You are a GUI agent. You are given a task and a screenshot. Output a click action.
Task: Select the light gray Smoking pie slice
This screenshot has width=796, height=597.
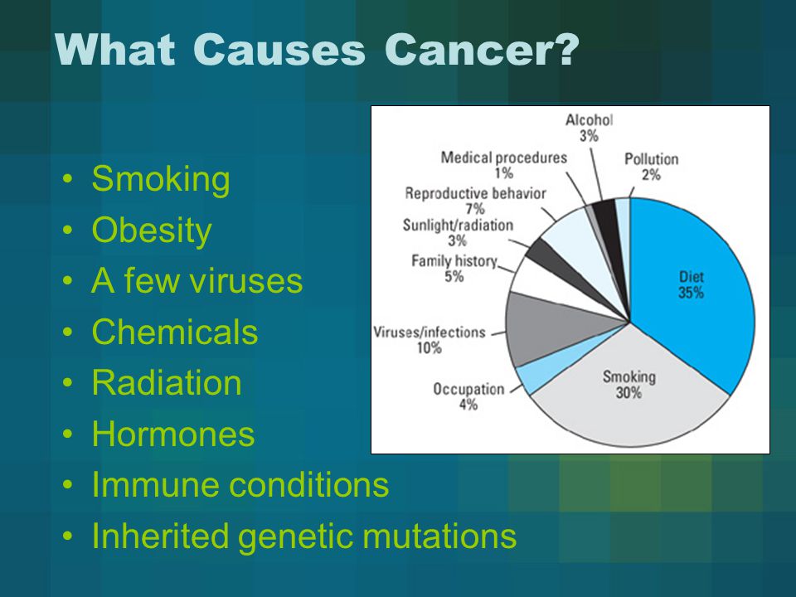[629, 396]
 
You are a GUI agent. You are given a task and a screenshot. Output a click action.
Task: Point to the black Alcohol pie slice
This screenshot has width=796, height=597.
[607, 218]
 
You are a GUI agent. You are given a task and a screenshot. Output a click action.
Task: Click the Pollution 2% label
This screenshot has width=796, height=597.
[652, 167]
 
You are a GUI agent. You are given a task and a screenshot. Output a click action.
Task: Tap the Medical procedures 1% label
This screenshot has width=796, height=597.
[503, 165]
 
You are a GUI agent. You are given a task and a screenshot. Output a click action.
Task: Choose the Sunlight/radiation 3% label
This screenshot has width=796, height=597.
[458, 232]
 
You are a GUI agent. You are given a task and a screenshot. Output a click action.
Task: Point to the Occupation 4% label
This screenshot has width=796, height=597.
[468, 396]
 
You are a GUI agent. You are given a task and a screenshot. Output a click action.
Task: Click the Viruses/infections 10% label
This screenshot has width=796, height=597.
[430, 340]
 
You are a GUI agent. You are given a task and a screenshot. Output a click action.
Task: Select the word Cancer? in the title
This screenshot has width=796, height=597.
[482, 50]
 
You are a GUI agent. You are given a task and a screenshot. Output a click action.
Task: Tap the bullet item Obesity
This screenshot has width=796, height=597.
[152, 231]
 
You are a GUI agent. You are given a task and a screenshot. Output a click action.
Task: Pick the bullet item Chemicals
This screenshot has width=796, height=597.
[175, 332]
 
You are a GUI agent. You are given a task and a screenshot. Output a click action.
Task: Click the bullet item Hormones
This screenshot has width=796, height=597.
[173, 434]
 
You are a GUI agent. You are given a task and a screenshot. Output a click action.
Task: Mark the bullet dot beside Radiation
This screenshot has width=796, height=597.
[67, 383]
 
